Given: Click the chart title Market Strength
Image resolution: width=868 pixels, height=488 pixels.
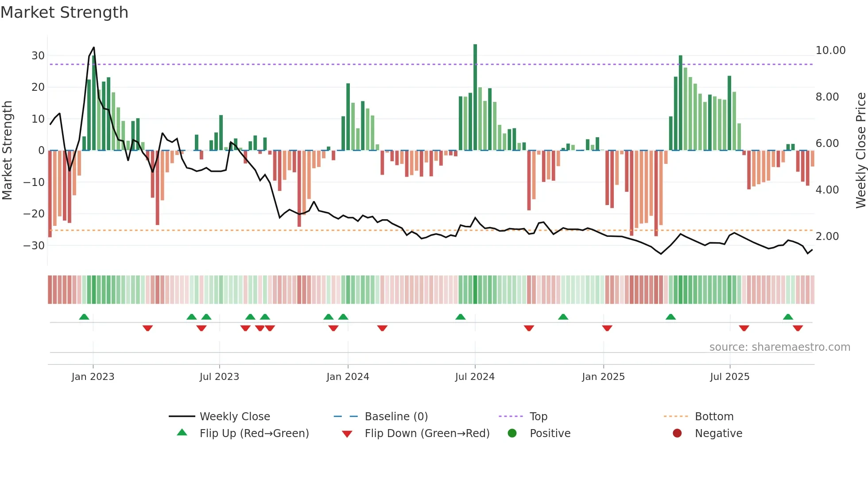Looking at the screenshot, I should point(64,12).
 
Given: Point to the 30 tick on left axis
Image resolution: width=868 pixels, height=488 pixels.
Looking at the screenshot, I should point(38,56).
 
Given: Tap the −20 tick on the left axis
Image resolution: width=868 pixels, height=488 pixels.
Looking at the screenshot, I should point(34,214).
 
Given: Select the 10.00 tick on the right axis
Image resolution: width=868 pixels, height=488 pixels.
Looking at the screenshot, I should point(830,50).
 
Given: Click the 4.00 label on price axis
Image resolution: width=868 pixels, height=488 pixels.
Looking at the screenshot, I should point(827,190).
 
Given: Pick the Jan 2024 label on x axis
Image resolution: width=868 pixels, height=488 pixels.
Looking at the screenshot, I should point(348,377).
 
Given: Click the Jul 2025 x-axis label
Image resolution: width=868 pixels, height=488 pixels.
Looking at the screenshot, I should point(729,377).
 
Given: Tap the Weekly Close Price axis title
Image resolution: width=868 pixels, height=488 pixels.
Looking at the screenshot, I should point(860,151).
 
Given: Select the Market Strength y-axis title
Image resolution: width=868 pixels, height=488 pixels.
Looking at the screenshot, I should point(8,151).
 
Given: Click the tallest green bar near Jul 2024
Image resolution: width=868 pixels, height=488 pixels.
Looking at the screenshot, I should point(475,97).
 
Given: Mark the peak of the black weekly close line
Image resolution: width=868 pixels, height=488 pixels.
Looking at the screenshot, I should point(94,47).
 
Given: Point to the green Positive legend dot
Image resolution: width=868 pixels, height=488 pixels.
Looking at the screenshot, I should point(512,434).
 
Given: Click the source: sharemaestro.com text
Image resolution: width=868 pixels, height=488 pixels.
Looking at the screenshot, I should point(779,347).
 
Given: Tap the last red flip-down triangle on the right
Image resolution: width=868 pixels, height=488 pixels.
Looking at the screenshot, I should point(798,328).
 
